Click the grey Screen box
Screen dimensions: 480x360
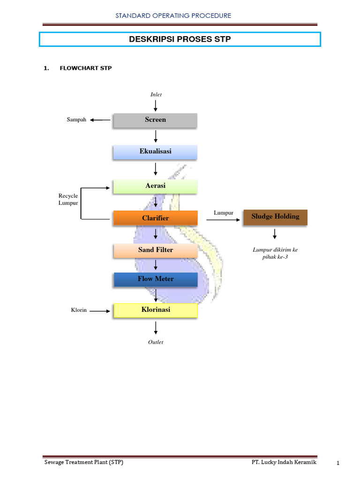155,120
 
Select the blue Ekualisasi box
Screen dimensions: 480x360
155,152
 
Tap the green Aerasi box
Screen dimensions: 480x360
155,186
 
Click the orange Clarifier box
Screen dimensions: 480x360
155,218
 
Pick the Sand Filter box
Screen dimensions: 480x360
155,250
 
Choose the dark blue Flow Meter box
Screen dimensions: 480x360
155,279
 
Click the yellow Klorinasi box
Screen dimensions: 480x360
155,310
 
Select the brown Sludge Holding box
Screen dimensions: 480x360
275,217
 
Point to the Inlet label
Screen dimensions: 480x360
156,94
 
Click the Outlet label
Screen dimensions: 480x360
156,342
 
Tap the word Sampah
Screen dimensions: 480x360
76,120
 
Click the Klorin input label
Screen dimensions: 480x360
79,310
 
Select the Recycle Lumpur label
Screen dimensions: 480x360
68,199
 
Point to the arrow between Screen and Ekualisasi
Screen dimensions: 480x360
156,136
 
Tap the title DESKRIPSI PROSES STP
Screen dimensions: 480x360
180,39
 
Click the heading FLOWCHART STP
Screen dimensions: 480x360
85,68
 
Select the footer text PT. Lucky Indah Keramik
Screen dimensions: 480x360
284,462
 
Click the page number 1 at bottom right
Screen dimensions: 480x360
337,464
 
